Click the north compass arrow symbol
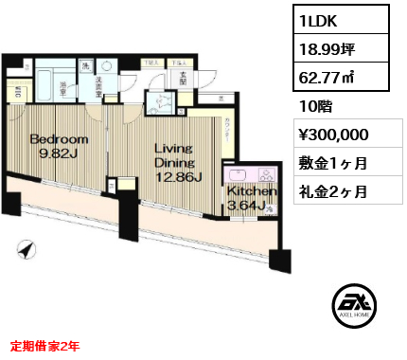pos(26,250)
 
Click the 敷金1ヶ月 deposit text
pos(334,162)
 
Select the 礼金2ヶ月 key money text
pos(334,190)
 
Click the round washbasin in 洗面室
pos(106,68)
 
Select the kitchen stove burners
pos(266,175)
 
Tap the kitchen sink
pos(238,175)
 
